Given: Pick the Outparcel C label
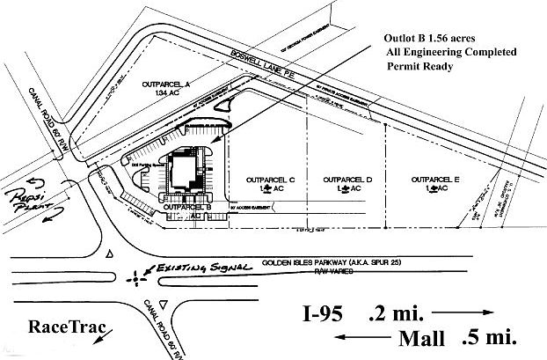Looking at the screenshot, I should (x=256, y=180).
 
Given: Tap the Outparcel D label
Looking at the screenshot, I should (x=349, y=180).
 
